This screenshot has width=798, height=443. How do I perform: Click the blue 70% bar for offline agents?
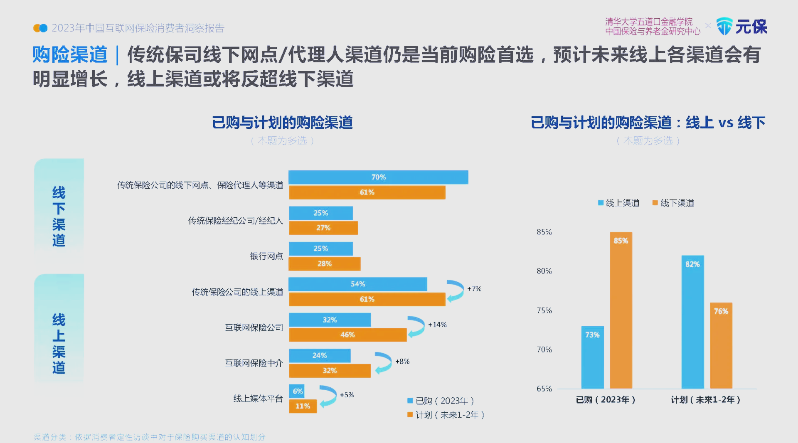[x=378, y=177]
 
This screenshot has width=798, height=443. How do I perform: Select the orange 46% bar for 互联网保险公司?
[x=347, y=335]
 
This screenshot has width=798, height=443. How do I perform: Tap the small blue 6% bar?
[x=297, y=391]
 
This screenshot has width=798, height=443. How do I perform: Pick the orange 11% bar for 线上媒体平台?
[x=303, y=406]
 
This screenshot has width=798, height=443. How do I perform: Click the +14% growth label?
[x=437, y=325]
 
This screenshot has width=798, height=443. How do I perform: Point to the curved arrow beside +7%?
[x=456, y=290]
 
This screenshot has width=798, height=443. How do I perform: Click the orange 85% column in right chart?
[x=621, y=310]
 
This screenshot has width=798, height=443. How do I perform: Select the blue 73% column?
[x=592, y=357]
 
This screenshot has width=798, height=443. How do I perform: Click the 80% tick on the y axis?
[x=544, y=271]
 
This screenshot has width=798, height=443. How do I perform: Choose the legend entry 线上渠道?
[x=619, y=203]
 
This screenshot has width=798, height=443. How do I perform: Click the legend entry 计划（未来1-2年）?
[x=446, y=415]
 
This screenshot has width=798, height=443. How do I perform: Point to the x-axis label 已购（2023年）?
[x=606, y=400]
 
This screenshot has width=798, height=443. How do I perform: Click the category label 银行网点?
[x=266, y=256]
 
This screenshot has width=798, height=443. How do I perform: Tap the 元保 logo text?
[x=751, y=27]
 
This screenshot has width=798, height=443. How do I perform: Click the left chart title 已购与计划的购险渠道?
[x=282, y=123]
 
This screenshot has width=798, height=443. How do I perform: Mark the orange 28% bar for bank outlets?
[x=324, y=263]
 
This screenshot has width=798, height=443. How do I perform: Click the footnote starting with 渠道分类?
[x=150, y=437]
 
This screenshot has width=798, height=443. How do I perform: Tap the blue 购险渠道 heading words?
[x=70, y=55]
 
